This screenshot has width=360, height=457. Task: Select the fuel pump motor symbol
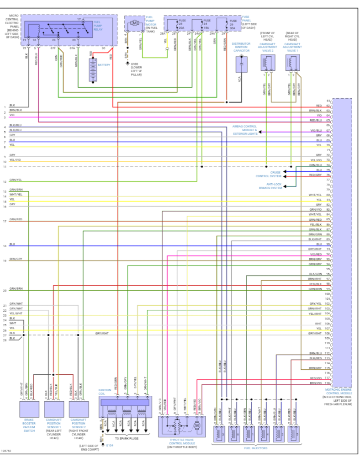134,22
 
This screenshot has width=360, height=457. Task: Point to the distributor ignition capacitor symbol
241,64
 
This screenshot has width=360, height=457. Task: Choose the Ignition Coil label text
105,392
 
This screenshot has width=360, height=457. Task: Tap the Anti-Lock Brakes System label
270,186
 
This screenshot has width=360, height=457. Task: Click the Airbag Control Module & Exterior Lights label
244,130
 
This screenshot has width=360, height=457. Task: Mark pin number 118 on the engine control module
328,383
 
